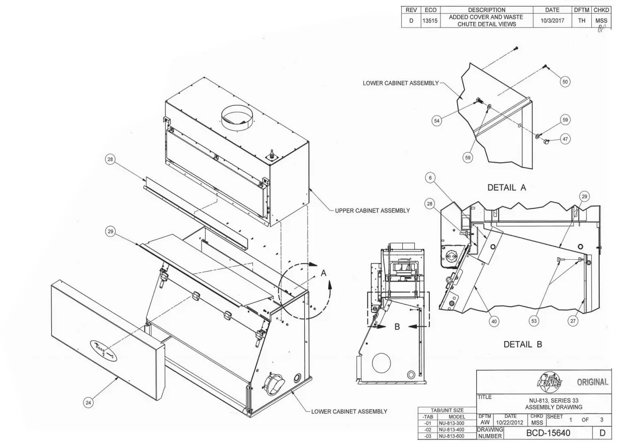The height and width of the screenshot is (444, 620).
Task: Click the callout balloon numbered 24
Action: [x=88, y=402]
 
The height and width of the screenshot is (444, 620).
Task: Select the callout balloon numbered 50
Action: [x=566, y=81]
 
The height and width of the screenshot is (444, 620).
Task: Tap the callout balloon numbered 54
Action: [x=438, y=121]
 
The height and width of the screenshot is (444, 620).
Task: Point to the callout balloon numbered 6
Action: [x=430, y=177]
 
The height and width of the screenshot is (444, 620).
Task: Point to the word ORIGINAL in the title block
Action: [x=592, y=382]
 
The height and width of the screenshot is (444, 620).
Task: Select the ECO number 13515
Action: [x=431, y=21]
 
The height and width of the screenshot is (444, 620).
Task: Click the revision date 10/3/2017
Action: [x=552, y=21]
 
